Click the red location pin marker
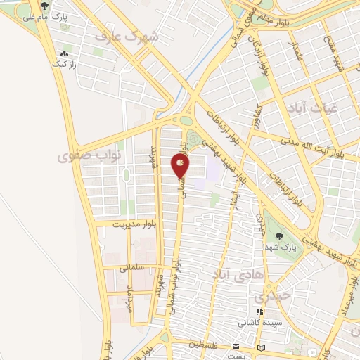(181, 165)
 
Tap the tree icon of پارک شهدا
(281, 236)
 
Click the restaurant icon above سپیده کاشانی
(259, 311)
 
